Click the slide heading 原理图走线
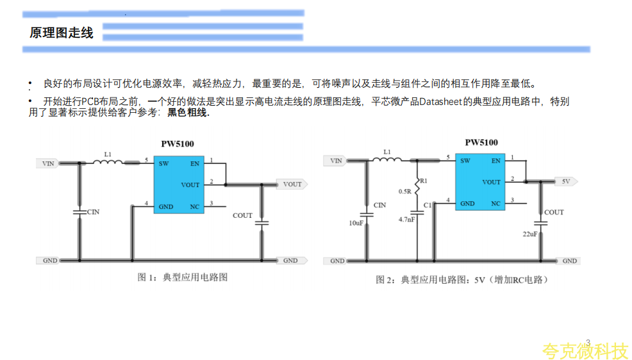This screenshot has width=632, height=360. (62, 33)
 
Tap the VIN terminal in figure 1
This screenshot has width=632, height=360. (47, 163)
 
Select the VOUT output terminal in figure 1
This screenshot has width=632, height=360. (292, 184)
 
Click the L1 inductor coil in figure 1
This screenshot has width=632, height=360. (107, 163)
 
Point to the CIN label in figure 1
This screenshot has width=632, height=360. (94, 211)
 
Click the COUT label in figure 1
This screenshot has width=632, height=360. (242, 215)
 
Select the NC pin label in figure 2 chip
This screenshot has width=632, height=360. (496, 204)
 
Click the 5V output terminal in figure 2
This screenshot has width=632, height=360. (566, 182)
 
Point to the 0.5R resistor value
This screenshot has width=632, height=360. (404, 192)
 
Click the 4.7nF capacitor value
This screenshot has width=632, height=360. (406, 219)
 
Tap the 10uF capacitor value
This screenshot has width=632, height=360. (356, 222)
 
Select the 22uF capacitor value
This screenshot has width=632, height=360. (529, 234)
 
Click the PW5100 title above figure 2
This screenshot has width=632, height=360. (481, 142)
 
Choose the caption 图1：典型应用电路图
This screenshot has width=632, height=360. (183, 277)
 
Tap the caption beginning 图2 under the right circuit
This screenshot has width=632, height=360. (463, 280)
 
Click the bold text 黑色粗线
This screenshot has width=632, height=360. (188, 113)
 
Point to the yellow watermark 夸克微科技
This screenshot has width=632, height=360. (585, 351)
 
